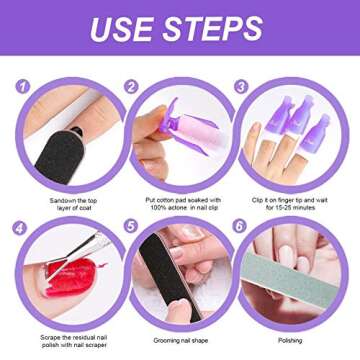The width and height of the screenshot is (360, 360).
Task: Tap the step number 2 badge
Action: coord(130,87)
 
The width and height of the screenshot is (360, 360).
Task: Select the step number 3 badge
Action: coord(241,87)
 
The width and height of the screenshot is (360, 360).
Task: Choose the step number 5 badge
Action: coord(130,226)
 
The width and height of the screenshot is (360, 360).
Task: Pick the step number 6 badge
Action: coord(240,226)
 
